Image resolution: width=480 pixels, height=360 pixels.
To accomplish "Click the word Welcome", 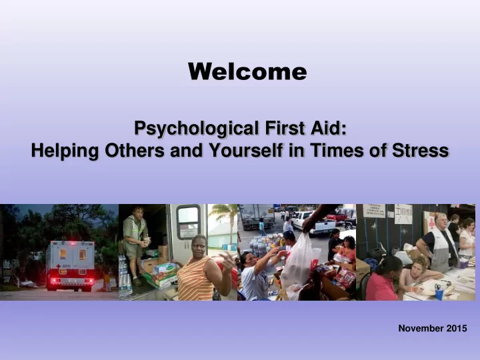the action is pyautogui.click(x=247, y=71).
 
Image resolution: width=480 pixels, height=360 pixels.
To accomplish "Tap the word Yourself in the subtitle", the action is pyautogui.click(x=245, y=150).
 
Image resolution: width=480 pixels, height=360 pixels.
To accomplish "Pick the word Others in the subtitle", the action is pyautogui.click(x=135, y=150).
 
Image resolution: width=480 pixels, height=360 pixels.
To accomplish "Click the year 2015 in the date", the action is pyautogui.click(x=457, y=329).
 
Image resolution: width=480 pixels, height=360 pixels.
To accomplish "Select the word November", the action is pyautogui.click(x=421, y=329).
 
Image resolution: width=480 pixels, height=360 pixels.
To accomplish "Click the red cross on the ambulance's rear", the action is pyautogui.click(x=58, y=266).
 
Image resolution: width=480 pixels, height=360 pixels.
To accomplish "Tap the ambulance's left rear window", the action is pyautogui.click(x=63, y=254).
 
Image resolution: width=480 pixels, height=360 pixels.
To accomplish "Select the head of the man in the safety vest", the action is pyautogui.click(x=138, y=213).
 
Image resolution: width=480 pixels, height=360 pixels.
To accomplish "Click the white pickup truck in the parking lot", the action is pyautogui.click(x=313, y=223).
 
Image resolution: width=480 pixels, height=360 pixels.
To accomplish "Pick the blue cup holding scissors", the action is pyautogui.click(x=439, y=293).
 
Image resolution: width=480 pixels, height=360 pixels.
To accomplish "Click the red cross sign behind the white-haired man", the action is pyautogui.click(x=431, y=223).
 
